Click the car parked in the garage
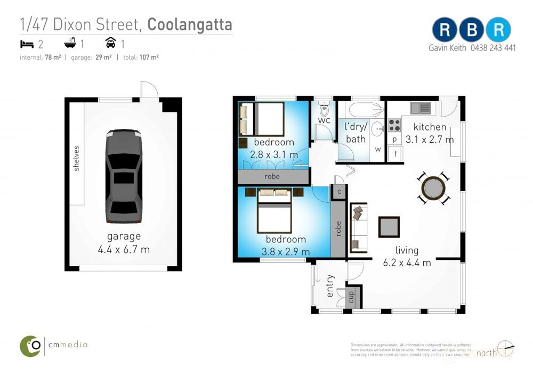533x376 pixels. pos(124,176)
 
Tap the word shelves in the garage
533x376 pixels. pos(77,158)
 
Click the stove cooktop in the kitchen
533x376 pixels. pos(394,126)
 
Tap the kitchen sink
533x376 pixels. pos(421,108)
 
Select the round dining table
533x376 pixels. pos(433,188)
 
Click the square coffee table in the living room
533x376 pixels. pos(389,227)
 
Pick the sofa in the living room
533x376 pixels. pos(359,228)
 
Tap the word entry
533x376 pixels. pos(330,287)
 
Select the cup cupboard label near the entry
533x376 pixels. pos(351,297)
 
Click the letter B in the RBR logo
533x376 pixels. pos(471,30)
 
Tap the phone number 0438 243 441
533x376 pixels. pos(493,48)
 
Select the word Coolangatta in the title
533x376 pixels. pos(189,24)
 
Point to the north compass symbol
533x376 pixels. pos(504,349)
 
